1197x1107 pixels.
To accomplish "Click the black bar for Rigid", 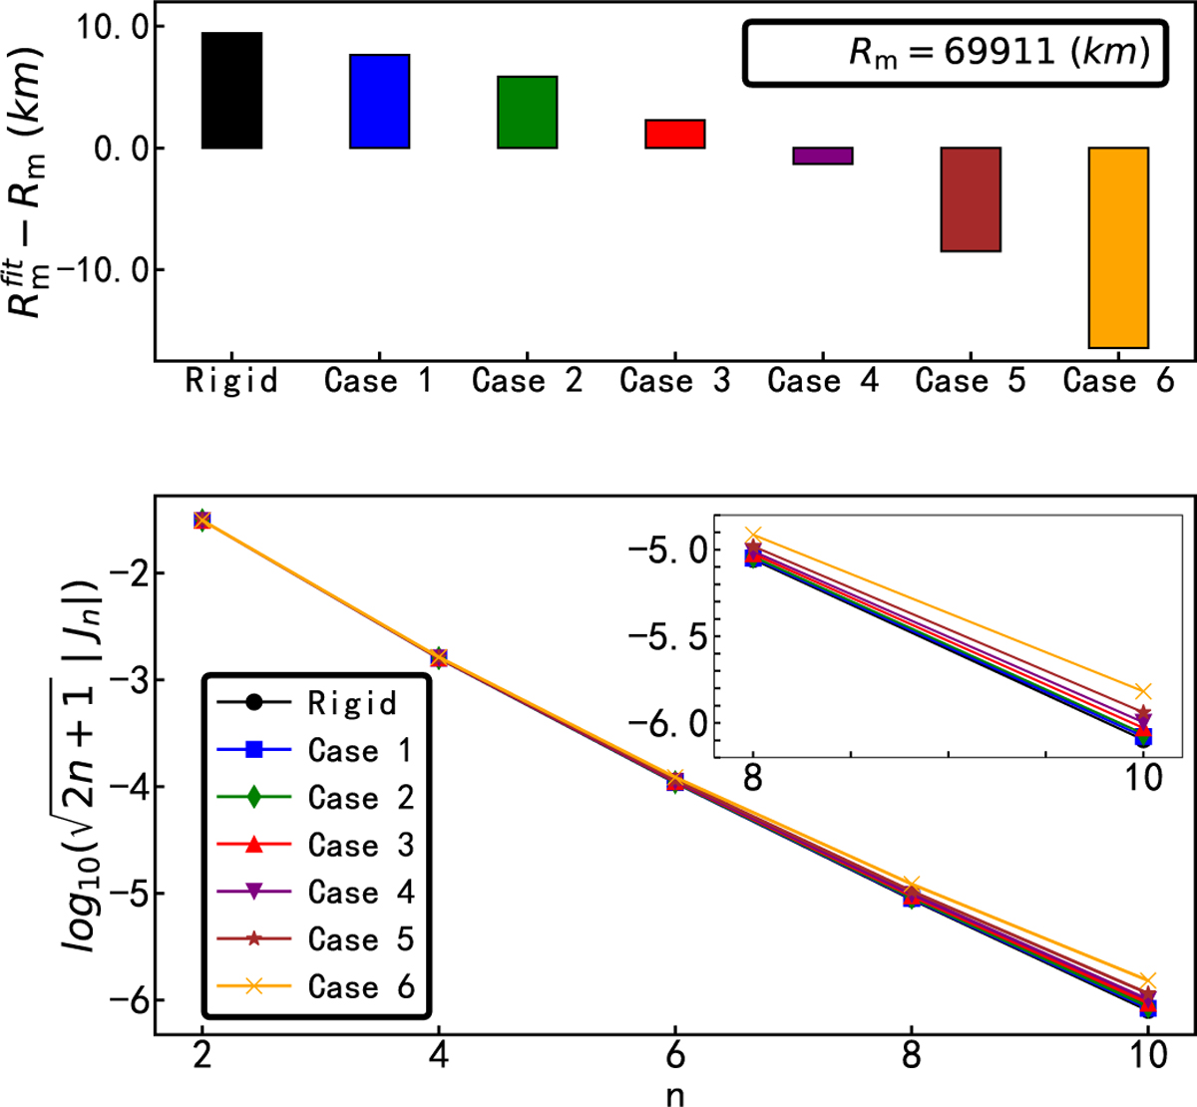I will point(231,91).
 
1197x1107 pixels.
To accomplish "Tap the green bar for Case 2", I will point(527,113).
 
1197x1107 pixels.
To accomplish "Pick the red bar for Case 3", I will point(674,134).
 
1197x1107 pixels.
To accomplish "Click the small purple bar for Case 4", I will point(822,156).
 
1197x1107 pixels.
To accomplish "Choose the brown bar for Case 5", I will point(971,199).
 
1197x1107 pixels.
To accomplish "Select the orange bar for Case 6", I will point(1118,247).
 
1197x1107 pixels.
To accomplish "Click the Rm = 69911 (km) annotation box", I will point(955,53).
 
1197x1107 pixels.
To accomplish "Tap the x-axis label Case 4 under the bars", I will point(822,381).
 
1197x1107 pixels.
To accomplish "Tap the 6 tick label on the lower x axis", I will point(675,1055).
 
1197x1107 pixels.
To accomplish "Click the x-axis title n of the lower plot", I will point(675,1094).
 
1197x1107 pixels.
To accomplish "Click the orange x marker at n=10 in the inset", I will point(1143,691).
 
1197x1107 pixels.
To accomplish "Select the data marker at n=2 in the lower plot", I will point(202,520).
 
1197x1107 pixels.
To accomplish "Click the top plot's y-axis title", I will point(30,184).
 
